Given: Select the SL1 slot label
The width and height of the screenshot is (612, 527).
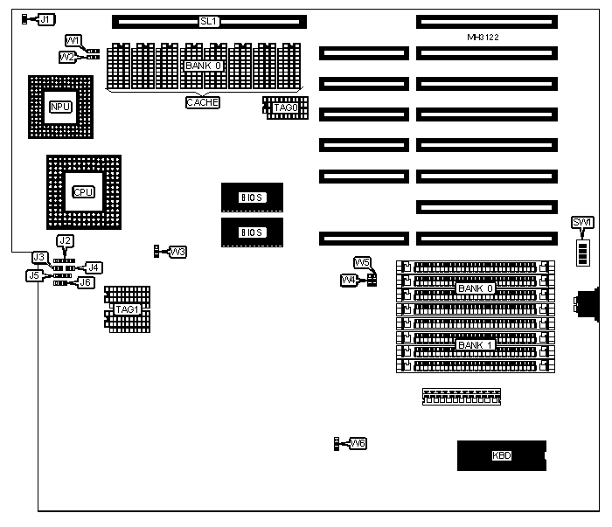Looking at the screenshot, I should [x=208, y=20].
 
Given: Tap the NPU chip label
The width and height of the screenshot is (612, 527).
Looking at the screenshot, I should [x=59, y=107].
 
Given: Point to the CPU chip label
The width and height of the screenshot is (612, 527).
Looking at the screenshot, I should [x=83, y=191].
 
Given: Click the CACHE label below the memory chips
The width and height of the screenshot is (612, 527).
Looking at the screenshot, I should [x=202, y=102].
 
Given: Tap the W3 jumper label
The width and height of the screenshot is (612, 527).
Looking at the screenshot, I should [x=177, y=252].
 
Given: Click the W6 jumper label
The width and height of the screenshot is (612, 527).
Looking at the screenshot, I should [x=357, y=444].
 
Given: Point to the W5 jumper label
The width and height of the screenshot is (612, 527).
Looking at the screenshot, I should [x=363, y=262].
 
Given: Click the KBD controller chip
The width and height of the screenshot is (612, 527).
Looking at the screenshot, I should [x=501, y=455].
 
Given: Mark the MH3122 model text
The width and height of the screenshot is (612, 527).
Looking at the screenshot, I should [x=483, y=38].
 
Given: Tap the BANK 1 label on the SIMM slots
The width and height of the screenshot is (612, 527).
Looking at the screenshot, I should [x=476, y=344].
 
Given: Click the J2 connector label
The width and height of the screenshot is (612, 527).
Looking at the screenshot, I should [x=65, y=240].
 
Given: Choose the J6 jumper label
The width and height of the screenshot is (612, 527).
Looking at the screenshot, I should [x=85, y=282].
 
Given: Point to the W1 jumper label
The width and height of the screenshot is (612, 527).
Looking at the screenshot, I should [x=73, y=40].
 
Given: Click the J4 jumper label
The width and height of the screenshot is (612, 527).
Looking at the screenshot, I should [x=92, y=267].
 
